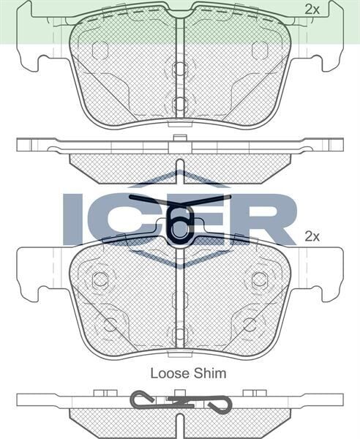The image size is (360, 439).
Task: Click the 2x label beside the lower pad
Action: click(312, 236)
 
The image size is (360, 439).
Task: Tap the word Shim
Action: click(210, 373)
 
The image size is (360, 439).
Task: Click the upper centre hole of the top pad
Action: click(180, 70)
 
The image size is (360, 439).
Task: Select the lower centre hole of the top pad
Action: click(180, 103)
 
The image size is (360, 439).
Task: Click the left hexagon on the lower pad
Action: click(100, 279)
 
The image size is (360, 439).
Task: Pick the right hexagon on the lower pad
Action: click(260, 279)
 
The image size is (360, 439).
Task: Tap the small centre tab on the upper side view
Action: click(180, 139)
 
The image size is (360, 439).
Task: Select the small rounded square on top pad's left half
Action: click(100, 50)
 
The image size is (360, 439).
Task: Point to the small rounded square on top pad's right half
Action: click(260, 50)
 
